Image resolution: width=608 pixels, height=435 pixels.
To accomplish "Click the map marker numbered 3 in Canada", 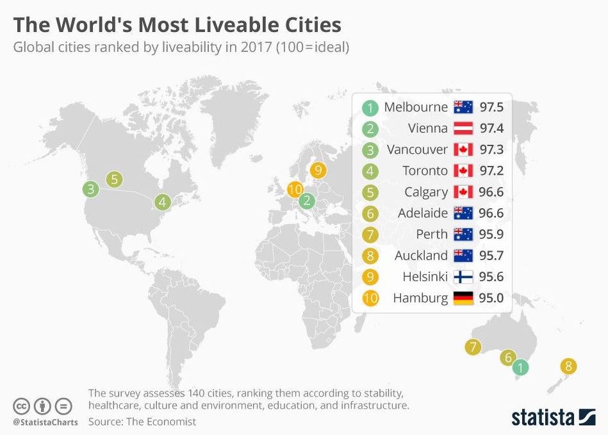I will (x=91, y=189).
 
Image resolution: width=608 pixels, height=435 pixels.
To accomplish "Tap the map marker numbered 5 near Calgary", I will (x=115, y=179).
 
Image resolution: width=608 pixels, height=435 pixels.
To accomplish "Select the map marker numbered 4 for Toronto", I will (x=163, y=202).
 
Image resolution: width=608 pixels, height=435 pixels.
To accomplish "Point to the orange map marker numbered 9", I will (x=318, y=170).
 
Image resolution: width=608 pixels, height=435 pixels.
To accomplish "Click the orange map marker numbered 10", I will (x=295, y=190).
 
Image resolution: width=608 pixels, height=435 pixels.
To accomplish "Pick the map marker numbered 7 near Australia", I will (x=473, y=348).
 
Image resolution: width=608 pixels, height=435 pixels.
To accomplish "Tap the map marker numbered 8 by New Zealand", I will (x=568, y=366).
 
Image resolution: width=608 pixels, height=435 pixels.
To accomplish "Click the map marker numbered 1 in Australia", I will (x=521, y=368).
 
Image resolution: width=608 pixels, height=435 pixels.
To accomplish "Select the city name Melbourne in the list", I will (x=416, y=107).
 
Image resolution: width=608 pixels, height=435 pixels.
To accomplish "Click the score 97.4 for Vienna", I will (x=491, y=128).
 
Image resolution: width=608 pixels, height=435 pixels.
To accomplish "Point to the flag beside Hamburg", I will (x=463, y=298).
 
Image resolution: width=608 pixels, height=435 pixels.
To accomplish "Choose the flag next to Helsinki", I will (x=463, y=277).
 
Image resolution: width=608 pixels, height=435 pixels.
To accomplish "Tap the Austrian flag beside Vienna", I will (x=463, y=128).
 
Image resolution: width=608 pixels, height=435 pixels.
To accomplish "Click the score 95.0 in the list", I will (x=491, y=298).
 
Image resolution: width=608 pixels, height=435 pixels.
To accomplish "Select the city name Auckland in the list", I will (x=421, y=255).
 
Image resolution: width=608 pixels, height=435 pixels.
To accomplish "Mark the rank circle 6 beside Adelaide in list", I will (x=370, y=213).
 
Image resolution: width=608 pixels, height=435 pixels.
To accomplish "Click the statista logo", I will (x=553, y=417).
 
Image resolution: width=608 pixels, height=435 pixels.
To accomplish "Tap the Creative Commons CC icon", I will (x=22, y=406).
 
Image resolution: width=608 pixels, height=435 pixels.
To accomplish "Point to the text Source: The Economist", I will (x=142, y=422).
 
